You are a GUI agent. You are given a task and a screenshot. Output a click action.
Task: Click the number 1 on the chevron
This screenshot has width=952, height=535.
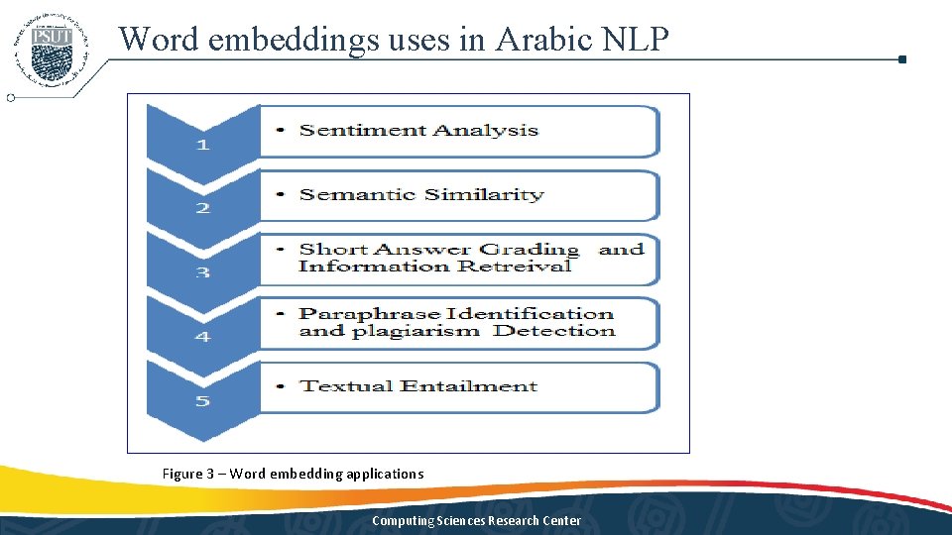click(x=202, y=145)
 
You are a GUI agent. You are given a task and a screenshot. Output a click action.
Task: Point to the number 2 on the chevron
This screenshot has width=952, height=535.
click(x=202, y=208)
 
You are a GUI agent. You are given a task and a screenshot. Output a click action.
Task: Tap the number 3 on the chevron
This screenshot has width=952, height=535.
click(x=202, y=272)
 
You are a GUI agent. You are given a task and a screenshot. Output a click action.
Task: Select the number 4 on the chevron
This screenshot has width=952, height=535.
click(x=202, y=337)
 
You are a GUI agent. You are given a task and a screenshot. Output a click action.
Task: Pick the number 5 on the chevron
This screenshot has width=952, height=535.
click(x=202, y=401)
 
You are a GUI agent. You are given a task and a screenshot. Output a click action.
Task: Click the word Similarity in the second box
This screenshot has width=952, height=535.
click(x=484, y=194)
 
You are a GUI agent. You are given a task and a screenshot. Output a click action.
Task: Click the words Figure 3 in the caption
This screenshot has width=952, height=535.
click(x=188, y=474)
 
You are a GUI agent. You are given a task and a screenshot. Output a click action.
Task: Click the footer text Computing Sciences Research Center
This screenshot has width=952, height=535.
click(x=476, y=521)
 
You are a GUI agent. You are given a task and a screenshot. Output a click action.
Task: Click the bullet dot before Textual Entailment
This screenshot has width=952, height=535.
click(x=284, y=386)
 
